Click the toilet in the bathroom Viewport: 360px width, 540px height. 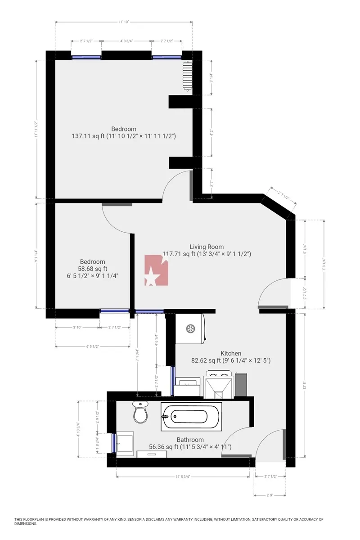coord(140,413)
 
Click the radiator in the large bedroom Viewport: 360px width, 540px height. coord(187,76)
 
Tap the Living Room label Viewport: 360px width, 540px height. coord(207,247)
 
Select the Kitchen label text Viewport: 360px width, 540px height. coord(231,353)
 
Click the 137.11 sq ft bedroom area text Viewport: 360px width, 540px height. coord(124,135)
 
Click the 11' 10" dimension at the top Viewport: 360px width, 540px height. coord(124,21)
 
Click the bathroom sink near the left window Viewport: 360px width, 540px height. coord(125,443)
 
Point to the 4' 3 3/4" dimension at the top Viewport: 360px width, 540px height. coord(126,41)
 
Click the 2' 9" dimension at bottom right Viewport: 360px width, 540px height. coord(270,495)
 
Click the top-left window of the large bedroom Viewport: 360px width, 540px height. coord(86,57)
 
